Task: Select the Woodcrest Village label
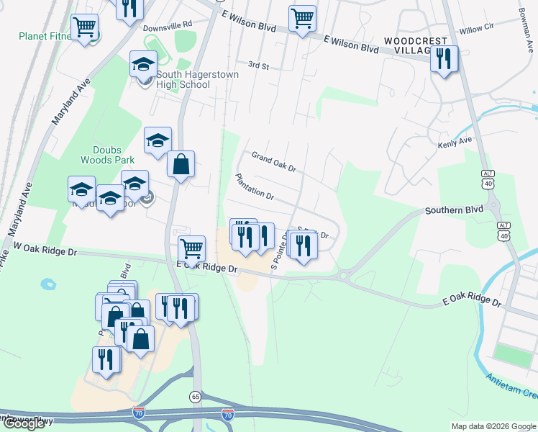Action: pyautogui.click(x=416, y=47)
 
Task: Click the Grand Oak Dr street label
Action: pyautogui.click(x=274, y=162)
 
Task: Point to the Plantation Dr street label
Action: pyautogui.click(x=255, y=186)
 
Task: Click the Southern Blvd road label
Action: pyautogui.click(x=453, y=211)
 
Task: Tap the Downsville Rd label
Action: pyautogui.click(x=169, y=26)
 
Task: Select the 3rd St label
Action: pyautogui.click(x=257, y=66)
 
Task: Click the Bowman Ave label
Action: pyautogui.click(x=526, y=25)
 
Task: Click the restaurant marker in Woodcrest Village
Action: pyautogui.click(x=444, y=58)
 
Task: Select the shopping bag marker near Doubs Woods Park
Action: pyautogui.click(x=181, y=164)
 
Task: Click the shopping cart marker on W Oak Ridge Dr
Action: pyautogui.click(x=191, y=249)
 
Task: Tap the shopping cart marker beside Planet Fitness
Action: pyautogui.click(x=85, y=28)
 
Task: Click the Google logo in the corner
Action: pyautogui.click(x=23, y=423)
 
